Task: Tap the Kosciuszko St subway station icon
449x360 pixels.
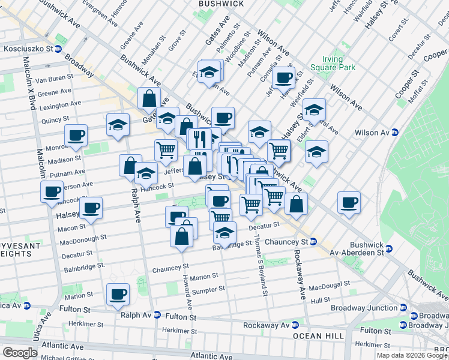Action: point(59,49)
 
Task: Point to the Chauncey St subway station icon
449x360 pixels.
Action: point(313,241)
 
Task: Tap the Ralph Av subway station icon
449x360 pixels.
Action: point(157,314)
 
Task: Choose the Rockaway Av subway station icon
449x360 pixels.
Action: point(295,325)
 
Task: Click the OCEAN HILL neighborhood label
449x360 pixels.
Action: point(316,336)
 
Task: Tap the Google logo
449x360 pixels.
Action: point(20,352)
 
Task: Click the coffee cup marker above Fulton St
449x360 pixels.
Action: point(118,294)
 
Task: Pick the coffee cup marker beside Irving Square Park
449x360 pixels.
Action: point(283,77)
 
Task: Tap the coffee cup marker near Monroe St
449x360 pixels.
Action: point(76,136)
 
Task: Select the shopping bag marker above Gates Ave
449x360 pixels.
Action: point(148,98)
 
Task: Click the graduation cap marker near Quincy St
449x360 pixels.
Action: point(118,125)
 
